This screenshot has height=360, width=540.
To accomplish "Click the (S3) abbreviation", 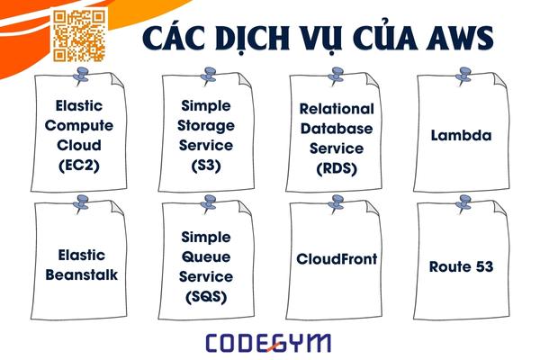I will point(206,166).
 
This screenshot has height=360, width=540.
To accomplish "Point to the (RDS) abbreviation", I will point(336,167).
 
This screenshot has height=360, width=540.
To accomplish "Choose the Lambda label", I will point(461,137).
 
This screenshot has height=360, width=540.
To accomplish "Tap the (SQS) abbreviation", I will point(206,296).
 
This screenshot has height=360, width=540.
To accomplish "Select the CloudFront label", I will point(337,258).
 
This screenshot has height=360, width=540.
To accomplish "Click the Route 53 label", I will point(461,266).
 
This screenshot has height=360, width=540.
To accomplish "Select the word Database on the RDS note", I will point(336,128).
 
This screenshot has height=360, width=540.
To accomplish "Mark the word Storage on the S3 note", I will point(206,125).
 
